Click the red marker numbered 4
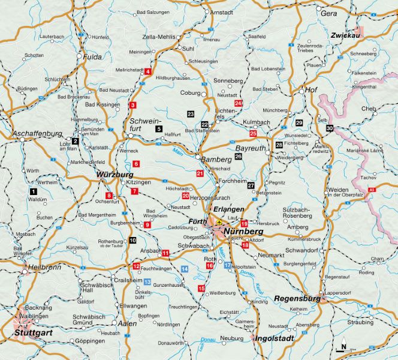point(147,71)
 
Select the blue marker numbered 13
point(147,281)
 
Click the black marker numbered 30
point(330,128)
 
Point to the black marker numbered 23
point(191,113)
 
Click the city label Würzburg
point(114,175)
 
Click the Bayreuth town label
point(249,147)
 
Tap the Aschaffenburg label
point(38,133)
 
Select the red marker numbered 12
point(136,266)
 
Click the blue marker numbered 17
point(228,265)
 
